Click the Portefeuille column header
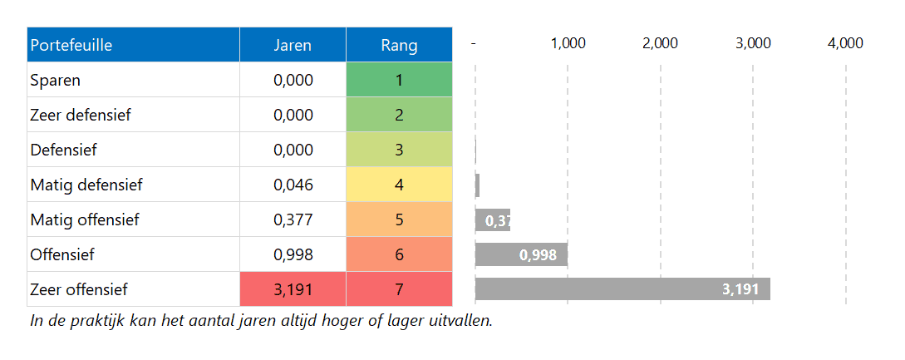71,45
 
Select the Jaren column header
293,45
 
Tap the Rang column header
399,45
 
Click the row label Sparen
56,81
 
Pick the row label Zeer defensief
81,116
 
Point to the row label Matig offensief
85,220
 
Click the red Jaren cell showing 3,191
293,290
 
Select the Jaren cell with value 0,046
293,185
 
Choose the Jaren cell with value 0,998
293,255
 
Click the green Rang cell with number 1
399,81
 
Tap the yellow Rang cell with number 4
399,185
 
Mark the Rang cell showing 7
399,290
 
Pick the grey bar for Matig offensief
492,220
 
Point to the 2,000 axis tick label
661,44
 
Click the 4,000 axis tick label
845,44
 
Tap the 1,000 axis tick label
568,44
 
